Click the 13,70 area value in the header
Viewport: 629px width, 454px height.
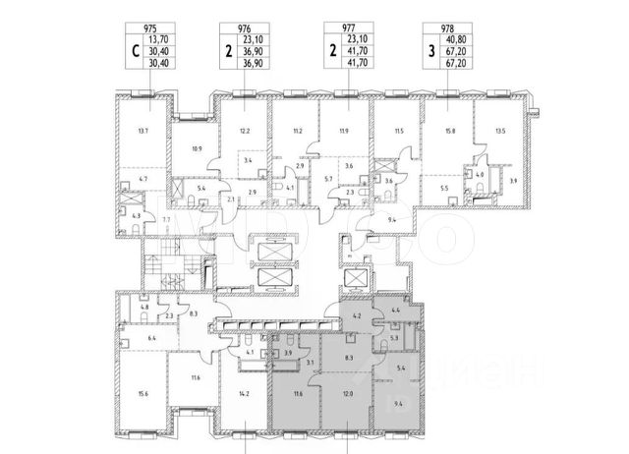155,42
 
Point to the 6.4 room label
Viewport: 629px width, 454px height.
139,337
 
